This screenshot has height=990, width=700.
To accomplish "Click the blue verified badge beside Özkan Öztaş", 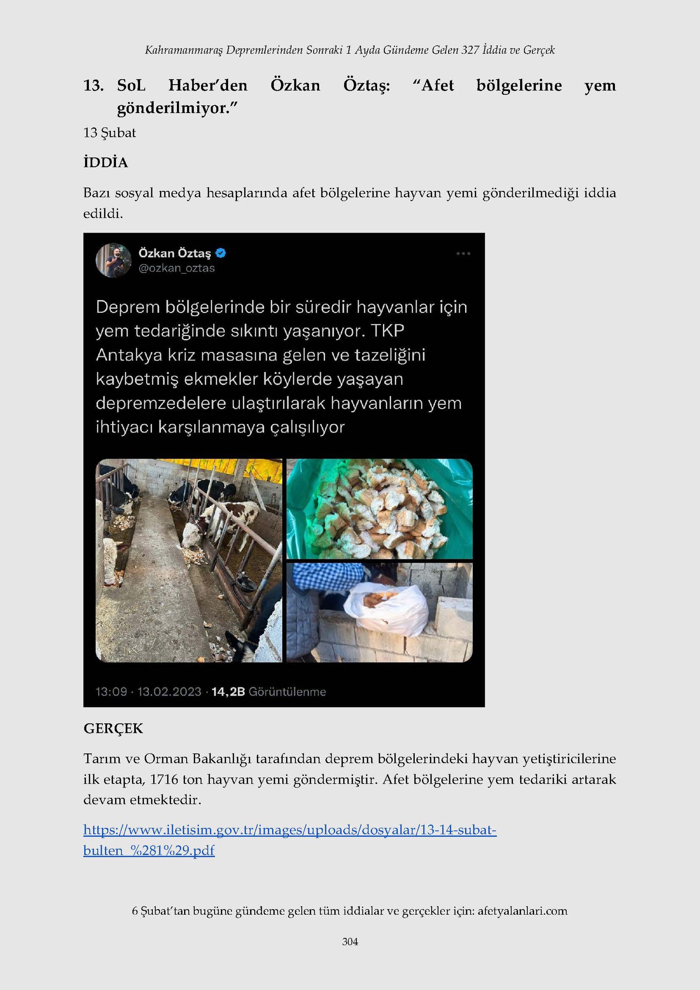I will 221,253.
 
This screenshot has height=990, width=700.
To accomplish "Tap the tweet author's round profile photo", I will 114,260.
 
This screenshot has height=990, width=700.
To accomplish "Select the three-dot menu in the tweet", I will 463,253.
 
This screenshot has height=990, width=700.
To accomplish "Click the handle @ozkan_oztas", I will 176,268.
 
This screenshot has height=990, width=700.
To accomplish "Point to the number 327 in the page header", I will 470,50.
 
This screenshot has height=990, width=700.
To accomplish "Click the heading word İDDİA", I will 105,163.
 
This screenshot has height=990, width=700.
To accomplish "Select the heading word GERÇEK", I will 113,728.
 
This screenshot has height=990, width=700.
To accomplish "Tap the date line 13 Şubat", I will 110,133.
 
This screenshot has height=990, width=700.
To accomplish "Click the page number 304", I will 350,941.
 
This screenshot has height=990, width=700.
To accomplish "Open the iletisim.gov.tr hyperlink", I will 290,830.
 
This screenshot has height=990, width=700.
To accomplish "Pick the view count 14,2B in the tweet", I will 228,692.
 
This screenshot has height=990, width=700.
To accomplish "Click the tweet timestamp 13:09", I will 111,692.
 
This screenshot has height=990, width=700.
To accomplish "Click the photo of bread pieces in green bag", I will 379,509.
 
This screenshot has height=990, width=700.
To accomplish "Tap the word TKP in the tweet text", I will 389,331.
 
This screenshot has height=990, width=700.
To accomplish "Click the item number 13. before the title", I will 93,86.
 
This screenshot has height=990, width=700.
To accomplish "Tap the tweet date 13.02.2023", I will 169,692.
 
